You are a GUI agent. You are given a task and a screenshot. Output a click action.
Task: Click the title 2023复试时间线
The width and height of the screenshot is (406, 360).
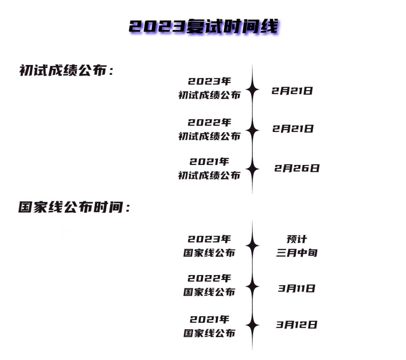pyautogui.click(x=204, y=27)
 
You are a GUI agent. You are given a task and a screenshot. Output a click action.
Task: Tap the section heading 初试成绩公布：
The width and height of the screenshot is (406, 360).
pyautogui.click(x=66, y=71)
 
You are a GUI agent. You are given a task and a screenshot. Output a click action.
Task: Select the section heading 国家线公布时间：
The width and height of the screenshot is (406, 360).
pyautogui.click(x=74, y=207)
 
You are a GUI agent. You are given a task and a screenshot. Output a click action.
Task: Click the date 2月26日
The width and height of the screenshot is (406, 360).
pyautogui.click(x=297, y=168)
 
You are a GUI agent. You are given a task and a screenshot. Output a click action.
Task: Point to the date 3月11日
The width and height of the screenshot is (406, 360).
pyautogui.click(x=297, y=289)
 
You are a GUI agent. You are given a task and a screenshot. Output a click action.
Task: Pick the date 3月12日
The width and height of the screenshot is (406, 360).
pyautogui.click(x=297, y=324)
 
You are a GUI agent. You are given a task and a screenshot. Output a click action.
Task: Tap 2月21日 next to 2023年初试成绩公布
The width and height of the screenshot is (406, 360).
pyautogui.click(x=292, y=91)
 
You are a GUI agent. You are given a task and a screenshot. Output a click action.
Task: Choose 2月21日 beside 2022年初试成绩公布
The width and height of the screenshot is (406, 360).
pyautogui.click(x=293, y=129)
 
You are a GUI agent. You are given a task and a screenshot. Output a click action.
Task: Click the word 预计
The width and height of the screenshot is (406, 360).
pyautogui.click(x=297, y=239)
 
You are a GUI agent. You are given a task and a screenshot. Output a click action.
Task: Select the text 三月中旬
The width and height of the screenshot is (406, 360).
pyautogui.click(x=297, y=253)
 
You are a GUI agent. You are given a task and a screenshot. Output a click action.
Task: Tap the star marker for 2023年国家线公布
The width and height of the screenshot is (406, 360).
pyautogui.click(x=252, y=246)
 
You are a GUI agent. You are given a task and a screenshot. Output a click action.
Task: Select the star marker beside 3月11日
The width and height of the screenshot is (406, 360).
pyautogui.click(x=252, y=286)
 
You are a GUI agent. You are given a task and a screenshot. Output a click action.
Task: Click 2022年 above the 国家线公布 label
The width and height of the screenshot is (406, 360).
pyautogui.click(x=209, y=278)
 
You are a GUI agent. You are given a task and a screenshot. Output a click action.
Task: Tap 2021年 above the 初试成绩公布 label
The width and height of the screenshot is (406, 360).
pyautogui.click(x=209, y=162)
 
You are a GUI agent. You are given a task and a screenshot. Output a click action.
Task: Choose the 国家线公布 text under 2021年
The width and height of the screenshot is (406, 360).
pyautogui.click(x=209, y=333)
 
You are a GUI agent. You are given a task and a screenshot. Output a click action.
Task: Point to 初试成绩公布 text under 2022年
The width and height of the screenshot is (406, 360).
pyautogui.click(x=209, y=136)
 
